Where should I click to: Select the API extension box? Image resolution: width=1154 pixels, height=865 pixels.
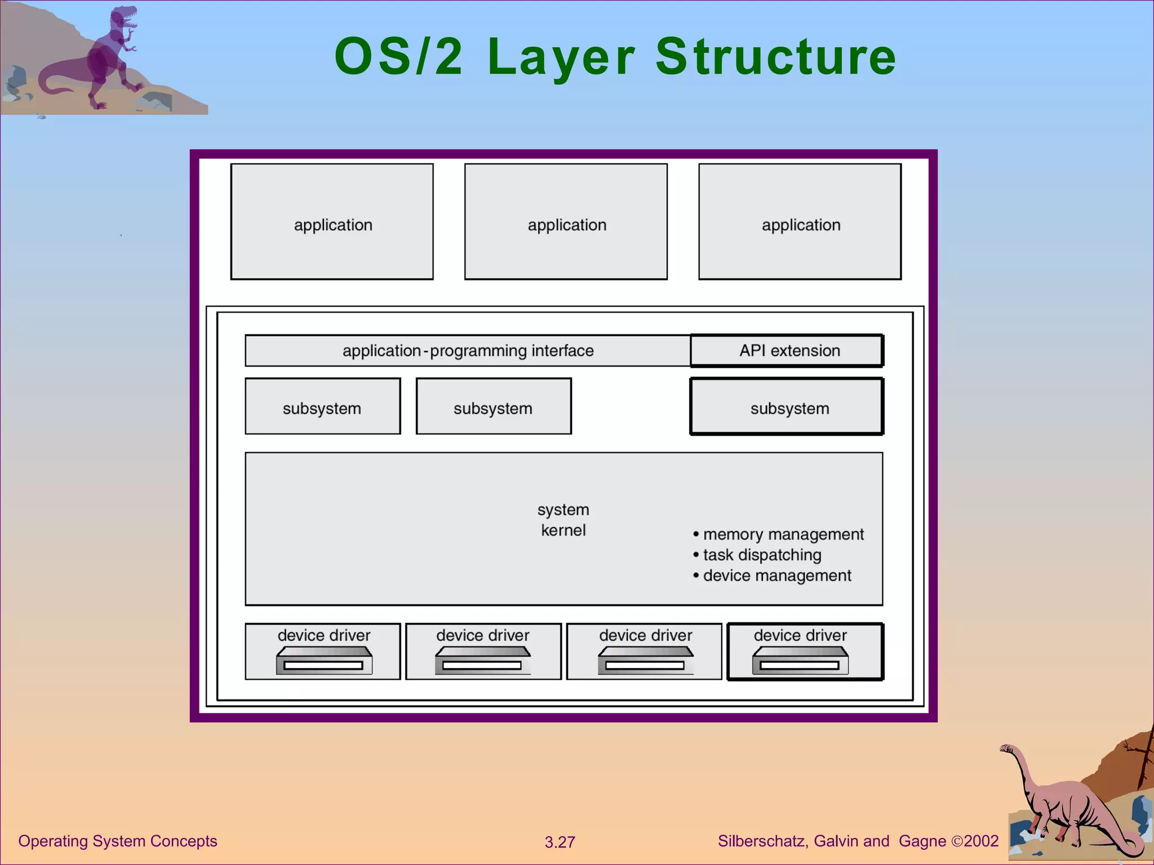click(x=787, y=351)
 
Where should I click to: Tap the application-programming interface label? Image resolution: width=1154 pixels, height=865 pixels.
click(x=468, y=351)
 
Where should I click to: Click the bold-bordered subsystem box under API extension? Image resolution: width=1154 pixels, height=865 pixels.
click(x=787, y=407)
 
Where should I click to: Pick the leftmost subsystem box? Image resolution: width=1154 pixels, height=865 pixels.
click(x=322, y=407)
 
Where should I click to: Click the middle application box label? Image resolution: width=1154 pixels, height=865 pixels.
click(x=566, y=225)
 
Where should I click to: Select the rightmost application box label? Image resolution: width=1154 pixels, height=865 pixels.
click(x=801, y=225)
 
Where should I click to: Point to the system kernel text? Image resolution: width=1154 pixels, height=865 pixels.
click(x=563, y=520)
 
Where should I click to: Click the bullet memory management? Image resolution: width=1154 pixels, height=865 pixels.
click(x=783, y=534)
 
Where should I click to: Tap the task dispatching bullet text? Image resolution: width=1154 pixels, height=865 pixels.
click(x=761, y=555)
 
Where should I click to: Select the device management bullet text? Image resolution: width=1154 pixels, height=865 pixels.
click(x=776, y=576)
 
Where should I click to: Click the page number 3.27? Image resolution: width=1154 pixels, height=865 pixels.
click(x=560, y=842)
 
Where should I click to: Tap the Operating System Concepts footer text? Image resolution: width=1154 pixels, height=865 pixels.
click(x=117, y=841)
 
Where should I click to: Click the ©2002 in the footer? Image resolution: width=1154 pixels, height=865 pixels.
click(x=975, y=841)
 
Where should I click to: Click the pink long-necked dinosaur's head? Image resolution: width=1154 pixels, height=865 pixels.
click(x=1006, y=749)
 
